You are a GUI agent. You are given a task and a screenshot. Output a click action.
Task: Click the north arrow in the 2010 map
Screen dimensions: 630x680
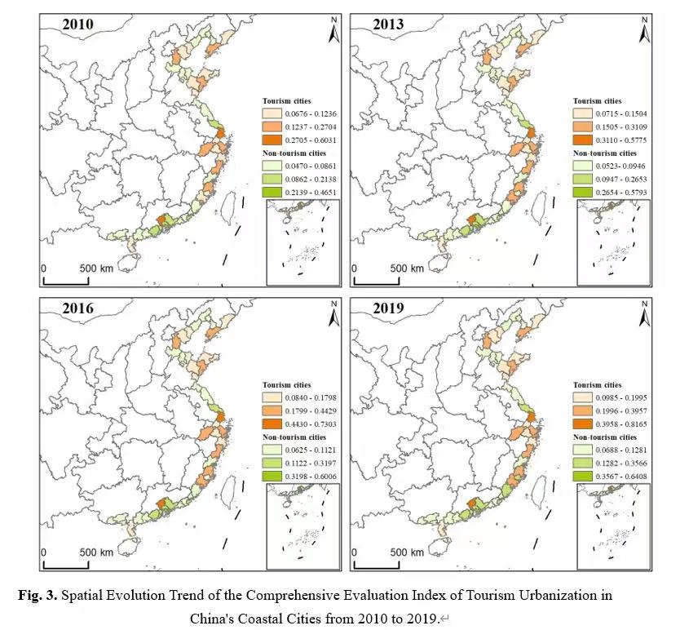[x=333, y=30]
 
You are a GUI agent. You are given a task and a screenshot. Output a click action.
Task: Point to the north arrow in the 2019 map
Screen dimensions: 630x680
[x=644, y=315]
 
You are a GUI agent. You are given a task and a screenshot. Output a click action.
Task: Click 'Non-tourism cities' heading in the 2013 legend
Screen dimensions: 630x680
[x=605, y=153]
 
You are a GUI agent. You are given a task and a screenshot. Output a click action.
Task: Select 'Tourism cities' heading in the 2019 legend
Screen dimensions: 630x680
[x=597, y=384]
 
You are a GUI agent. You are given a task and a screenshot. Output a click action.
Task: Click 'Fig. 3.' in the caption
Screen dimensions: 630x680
[x=37, y=595]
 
